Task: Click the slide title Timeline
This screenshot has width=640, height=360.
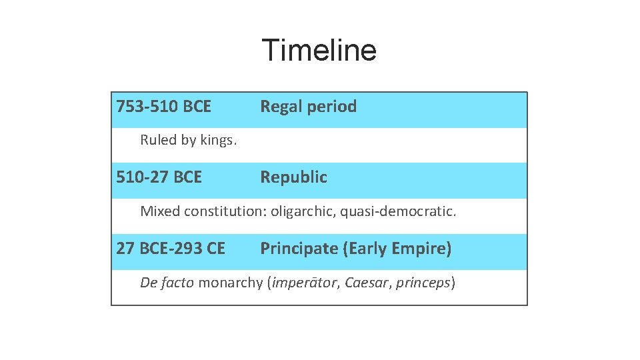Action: pos(319,50)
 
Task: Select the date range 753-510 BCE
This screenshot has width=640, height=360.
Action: pos(163,107)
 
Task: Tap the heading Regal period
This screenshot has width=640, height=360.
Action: pos(308,107)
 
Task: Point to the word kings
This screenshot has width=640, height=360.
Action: pos(219,141)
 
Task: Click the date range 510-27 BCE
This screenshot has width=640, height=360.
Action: pos(159,177)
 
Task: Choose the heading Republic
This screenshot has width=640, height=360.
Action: pos(293,177)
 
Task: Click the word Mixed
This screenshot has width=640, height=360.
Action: pos(160,212)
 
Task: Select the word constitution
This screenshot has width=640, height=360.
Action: pos(225,212)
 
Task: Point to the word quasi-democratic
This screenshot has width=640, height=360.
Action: pos(399,212)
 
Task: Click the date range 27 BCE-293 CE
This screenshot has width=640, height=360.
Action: pos(171,249)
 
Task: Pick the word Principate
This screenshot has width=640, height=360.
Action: pos(299,249)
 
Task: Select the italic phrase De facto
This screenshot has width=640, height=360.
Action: pos(167,283)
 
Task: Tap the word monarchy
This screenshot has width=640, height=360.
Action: pos(231,283)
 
